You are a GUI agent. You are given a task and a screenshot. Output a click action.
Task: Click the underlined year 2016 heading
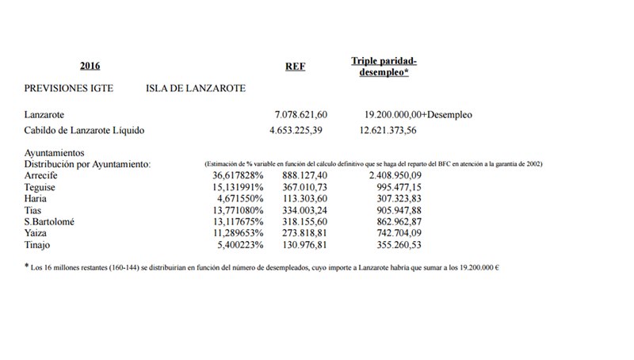tap(90, 66)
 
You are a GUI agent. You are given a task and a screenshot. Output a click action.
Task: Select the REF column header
tap(295, 67)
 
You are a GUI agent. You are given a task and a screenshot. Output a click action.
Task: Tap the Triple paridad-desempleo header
tap(384, 66)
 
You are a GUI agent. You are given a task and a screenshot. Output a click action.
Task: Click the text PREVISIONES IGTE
tap(68, 88)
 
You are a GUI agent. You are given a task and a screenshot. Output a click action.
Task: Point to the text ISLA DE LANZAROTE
tap(196, 88)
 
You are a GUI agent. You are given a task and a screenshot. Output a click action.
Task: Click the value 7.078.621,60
tap(300, 115)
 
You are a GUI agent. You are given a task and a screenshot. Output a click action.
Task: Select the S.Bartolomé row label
tap(52, 221)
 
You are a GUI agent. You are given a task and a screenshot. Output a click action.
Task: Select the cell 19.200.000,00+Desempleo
tap(418, 115)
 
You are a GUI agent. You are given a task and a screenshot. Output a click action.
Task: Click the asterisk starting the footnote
tap(27, 266)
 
